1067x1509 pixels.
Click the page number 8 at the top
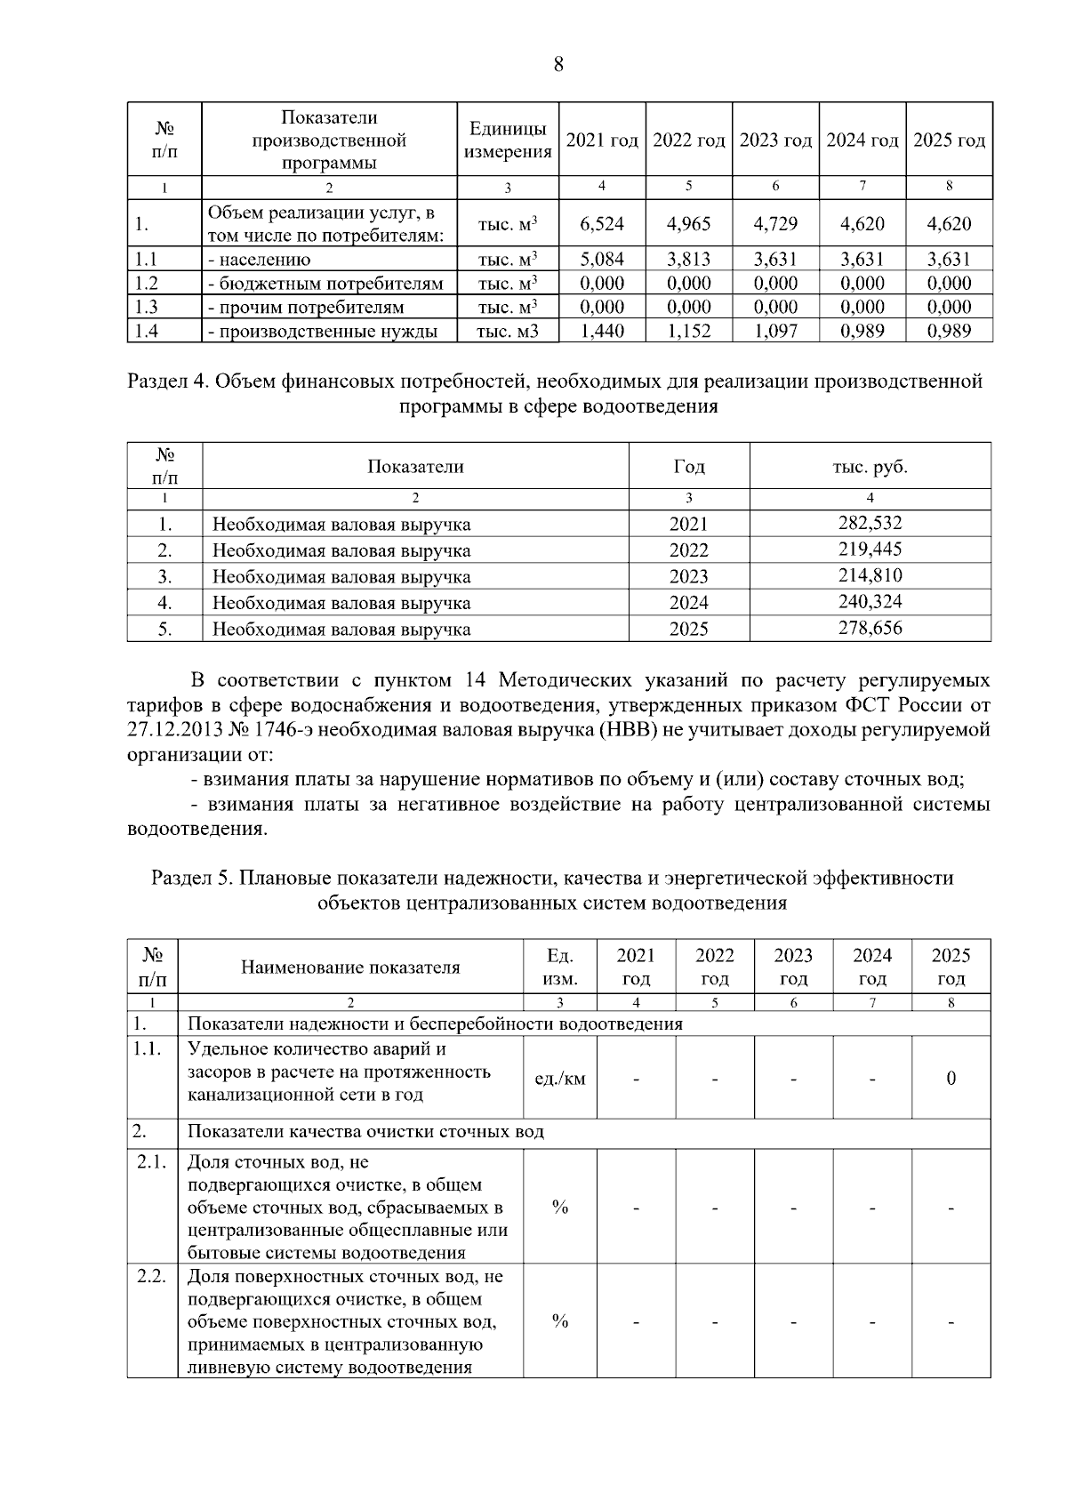point(558,64)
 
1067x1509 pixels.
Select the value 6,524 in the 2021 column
point(602,224)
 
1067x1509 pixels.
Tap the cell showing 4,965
point(688,224)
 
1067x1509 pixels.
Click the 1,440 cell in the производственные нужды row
point(602,332)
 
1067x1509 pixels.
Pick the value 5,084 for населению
point(602,260)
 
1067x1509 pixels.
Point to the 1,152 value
point(688,332)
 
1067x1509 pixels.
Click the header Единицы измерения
point(508,140)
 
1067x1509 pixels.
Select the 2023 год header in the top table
point(775,140)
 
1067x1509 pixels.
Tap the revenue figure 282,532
point(870,523)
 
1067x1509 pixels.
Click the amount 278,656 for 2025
point(870,629)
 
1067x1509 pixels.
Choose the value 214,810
point(870,575)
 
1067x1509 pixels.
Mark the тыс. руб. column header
point(870,467)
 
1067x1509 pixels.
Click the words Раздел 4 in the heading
point(168,382)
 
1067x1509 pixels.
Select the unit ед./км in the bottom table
point(559,1079)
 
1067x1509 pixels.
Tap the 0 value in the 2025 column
point(951,1079)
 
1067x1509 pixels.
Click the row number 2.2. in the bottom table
point(152,1277)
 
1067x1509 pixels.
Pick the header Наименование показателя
point(350,967)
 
